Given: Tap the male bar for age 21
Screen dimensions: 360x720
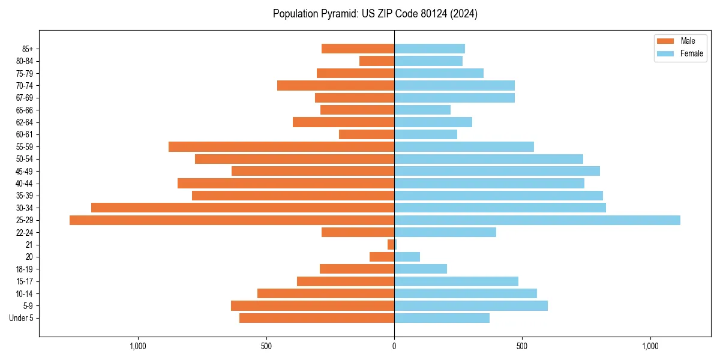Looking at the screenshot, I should tap(391, 245).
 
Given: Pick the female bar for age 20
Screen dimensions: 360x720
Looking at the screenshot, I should tap(407, 257).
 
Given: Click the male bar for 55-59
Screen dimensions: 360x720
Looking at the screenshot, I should tap(281, 147).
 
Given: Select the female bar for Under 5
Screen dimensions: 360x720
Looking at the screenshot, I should tap(442, 318).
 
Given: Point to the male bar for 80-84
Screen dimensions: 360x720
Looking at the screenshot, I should tap(377, 61).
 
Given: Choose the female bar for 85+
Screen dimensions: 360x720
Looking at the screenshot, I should tap(430, 49).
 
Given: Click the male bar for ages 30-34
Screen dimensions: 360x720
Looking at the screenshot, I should tap(242, 208).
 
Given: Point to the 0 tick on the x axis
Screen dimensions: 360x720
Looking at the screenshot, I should tap(394, 346).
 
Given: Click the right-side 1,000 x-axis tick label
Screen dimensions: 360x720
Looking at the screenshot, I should tap(650, 346).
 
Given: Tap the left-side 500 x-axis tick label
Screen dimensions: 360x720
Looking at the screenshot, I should tap(266, 346).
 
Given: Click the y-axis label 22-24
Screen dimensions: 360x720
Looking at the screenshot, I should tap(25, 233).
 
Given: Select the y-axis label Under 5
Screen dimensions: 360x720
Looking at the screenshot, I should tap(21, 318).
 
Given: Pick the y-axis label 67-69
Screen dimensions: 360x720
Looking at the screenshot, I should tap(25, 98).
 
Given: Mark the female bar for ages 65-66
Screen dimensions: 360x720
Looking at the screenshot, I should tap(422, 110).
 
